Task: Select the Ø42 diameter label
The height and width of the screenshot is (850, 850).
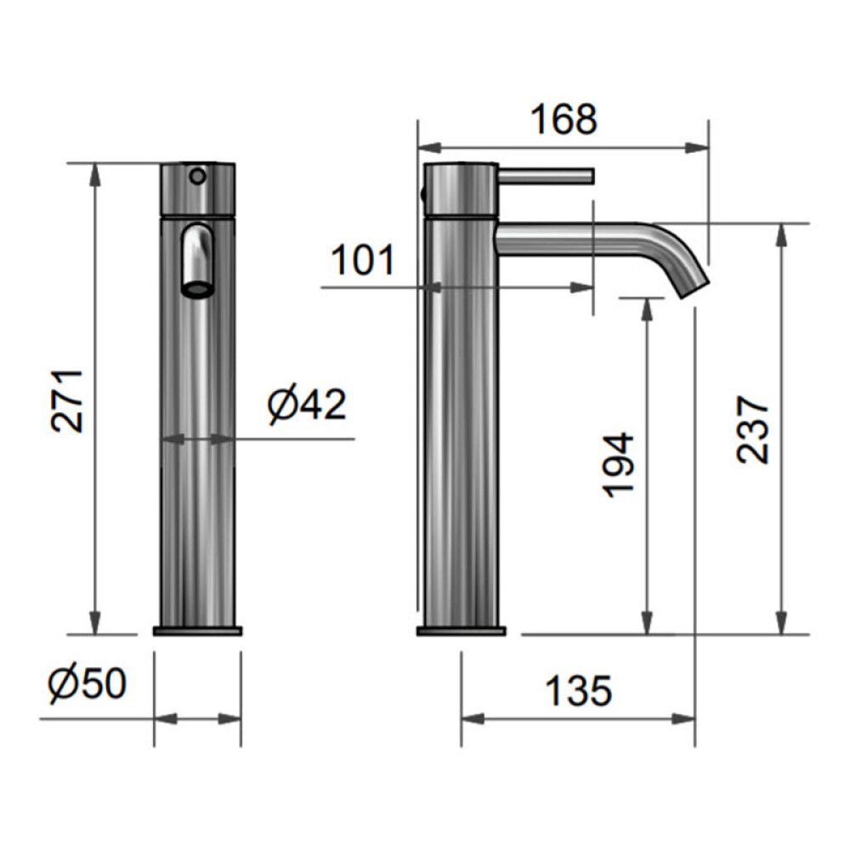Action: point(307,405)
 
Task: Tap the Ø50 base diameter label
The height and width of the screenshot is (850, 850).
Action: point(88,683)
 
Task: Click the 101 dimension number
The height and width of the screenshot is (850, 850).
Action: point(363,260)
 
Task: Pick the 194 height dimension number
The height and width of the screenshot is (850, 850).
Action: point(619,465)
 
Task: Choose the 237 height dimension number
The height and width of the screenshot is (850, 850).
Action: point(753,430)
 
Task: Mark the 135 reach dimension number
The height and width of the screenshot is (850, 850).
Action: point(578,690)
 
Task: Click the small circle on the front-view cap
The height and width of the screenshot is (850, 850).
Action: point(198,176)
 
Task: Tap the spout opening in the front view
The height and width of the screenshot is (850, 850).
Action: point(197,290)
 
